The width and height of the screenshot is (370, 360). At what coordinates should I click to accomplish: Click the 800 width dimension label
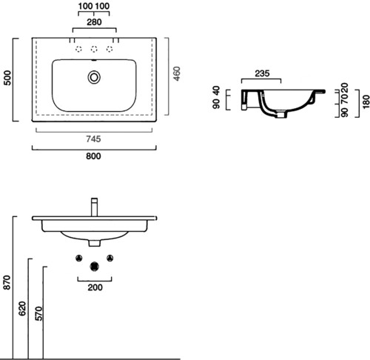(93, 156)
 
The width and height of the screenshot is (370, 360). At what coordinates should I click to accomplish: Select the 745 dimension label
(93, 139)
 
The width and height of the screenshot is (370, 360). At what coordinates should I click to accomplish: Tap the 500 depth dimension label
(7, 78)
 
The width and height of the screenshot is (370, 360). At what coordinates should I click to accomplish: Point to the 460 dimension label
(177, 73)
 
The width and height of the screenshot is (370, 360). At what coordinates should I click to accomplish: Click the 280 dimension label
(94, 22)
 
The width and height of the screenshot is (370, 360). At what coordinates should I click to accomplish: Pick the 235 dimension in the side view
(262, 73)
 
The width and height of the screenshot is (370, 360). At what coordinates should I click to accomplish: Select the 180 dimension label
(366, 101)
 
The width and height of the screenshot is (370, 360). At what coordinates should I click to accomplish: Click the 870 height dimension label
(7, 282)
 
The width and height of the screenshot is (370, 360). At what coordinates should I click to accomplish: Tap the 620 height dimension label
(22, 308)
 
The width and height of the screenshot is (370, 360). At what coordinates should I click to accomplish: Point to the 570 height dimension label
(38, 313)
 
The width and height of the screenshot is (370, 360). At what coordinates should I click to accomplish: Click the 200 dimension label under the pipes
(95, 287)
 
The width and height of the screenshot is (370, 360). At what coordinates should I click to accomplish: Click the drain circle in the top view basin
(94, 77)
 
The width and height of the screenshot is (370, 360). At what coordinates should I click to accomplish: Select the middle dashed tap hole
(94, 49)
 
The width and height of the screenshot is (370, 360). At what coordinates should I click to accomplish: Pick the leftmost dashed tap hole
(78, 49)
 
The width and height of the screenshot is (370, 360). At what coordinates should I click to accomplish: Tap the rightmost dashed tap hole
(110, 49)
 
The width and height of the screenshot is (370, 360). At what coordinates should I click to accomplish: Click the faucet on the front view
(95, 207)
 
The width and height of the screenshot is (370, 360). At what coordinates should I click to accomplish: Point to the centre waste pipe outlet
(95, 266)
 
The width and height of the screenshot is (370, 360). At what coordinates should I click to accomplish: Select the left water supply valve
(79, 258)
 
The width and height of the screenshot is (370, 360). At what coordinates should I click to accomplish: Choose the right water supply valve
(110, 258)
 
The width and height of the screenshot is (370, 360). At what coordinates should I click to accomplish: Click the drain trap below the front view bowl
(95, 243)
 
